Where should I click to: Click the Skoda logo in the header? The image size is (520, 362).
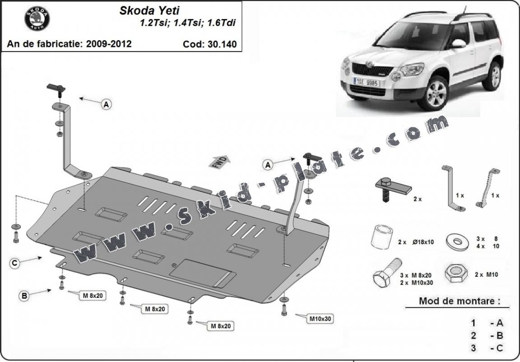[x=37, y=19]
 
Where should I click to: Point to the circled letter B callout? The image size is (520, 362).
[x=24, y=296]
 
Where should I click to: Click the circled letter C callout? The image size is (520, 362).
[x=15, y=263]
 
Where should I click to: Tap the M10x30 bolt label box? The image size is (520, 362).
[x=320, y=319]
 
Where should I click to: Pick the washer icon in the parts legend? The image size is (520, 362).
[x=456, y=240]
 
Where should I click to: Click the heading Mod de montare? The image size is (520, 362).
[x=457, y=301]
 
